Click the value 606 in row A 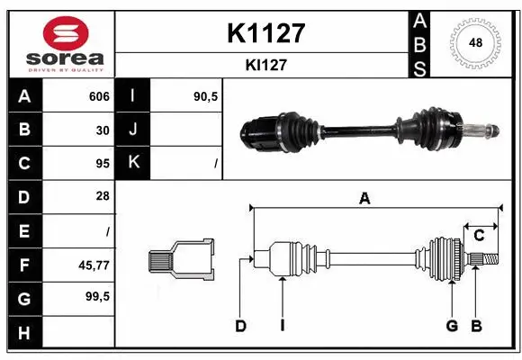[x=99, y=96]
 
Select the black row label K [x=132, y=163]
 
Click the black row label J [x=132, y=130]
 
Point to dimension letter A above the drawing [x=364, y=199]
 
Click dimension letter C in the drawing [x=479, y=235]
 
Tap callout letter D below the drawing [x=240, y=326]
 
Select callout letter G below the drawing [x=452, y=326]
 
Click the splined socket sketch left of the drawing [x=181, y=259]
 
